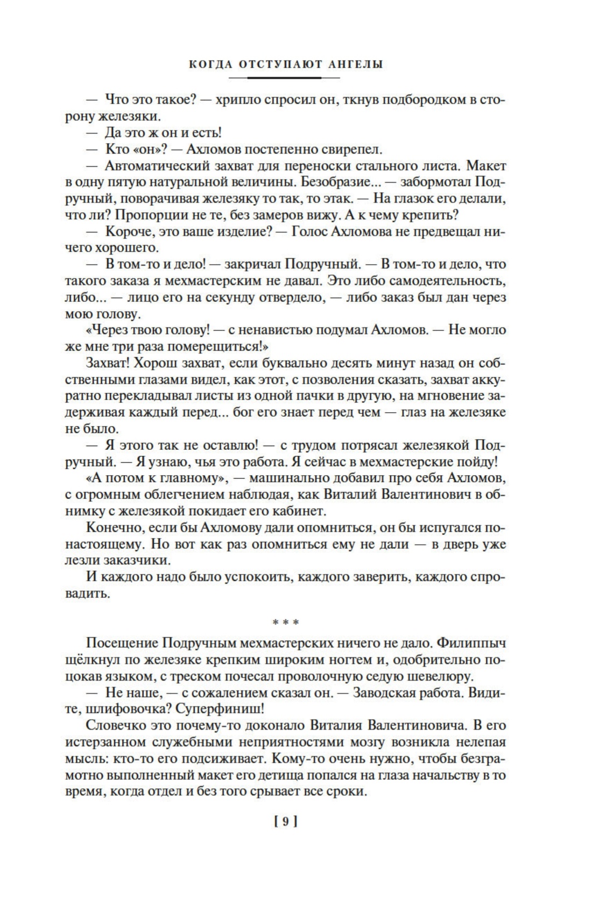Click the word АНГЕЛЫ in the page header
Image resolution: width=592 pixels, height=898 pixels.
[357, 64]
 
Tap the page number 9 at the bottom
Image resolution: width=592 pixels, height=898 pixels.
[286, 821]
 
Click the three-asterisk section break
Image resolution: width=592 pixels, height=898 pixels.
[285, 623]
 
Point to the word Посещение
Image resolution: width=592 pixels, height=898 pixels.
[122, 642]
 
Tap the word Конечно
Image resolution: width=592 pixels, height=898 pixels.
[114, 527]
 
